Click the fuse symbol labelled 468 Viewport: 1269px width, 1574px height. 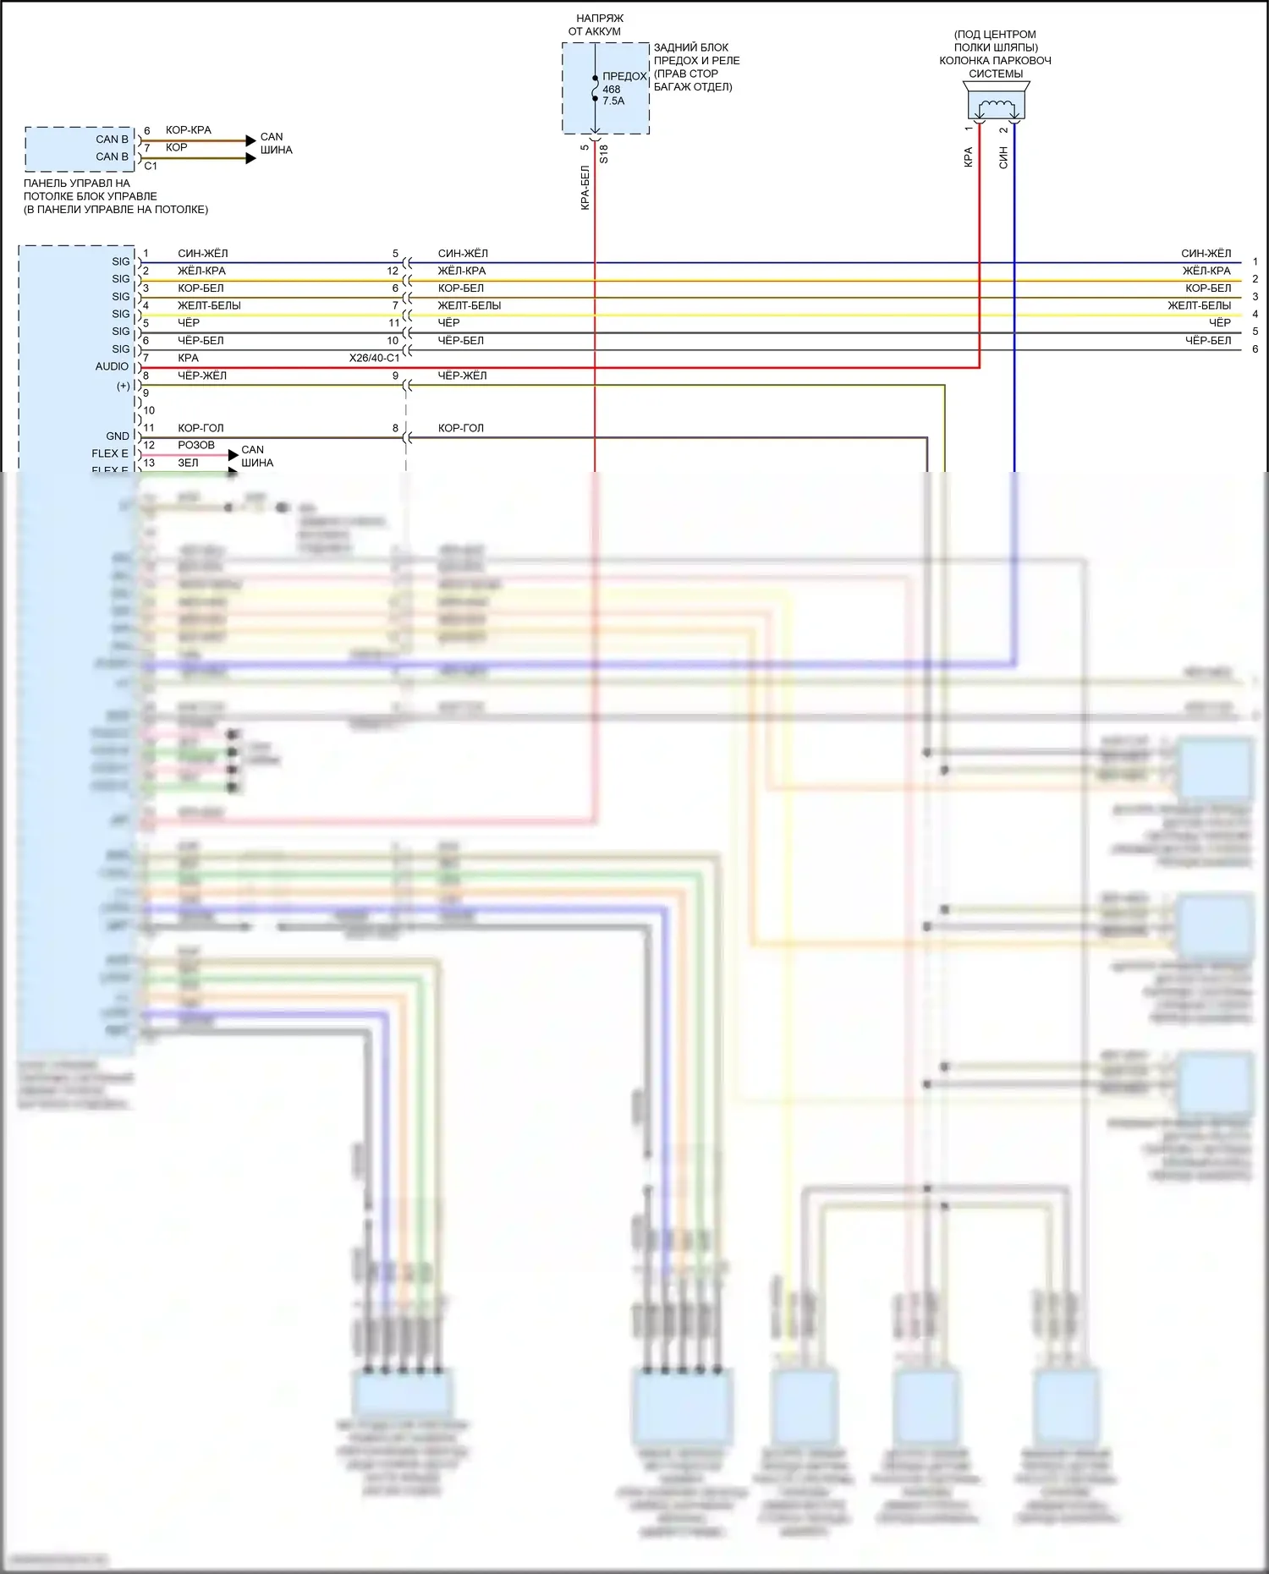(595, 89)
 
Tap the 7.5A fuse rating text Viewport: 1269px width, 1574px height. (613, 101)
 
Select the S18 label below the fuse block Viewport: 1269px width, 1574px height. (603, 154)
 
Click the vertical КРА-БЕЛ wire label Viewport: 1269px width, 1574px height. (585, 187)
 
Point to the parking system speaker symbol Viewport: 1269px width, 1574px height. (996, 107)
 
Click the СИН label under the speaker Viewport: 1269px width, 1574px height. (1003, 157)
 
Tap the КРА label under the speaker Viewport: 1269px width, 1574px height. (969, 157)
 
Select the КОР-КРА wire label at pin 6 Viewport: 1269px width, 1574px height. (189, 130)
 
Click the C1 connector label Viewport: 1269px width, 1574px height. (151, 166)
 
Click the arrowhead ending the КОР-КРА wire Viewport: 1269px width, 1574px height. (250, 140)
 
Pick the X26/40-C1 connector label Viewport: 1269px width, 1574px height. (374, 358)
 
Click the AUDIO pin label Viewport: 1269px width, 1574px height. (112, 366)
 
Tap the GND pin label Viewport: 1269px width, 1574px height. (118, 436)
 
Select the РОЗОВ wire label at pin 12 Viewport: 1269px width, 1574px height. (196, 445)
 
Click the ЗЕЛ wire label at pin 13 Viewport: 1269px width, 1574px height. (188, 463)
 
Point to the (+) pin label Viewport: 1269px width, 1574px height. (124, 386)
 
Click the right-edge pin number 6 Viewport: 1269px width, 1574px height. (1255, 348)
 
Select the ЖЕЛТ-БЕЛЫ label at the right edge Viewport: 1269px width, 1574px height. (1199, 305)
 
